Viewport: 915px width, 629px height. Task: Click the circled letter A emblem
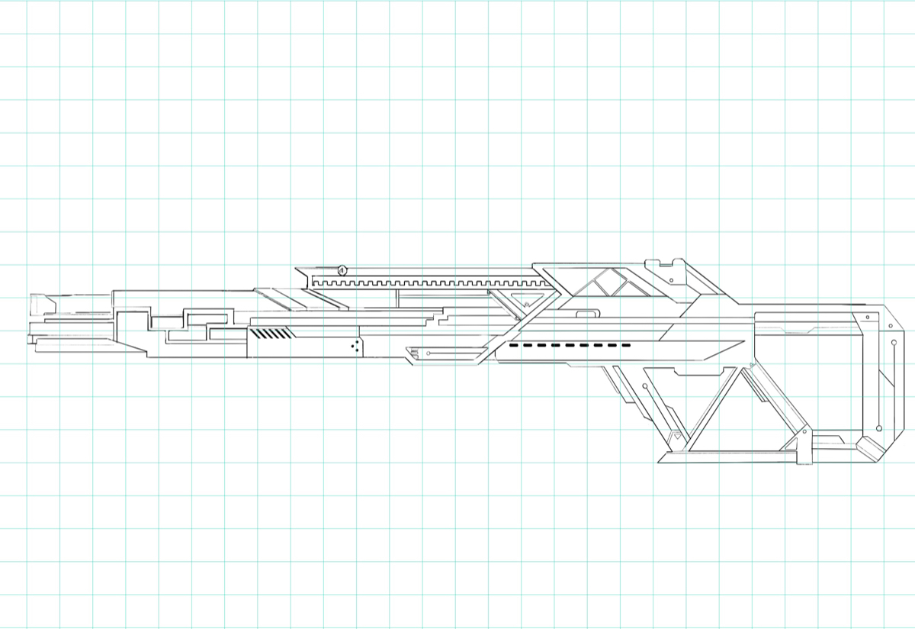(342, 270)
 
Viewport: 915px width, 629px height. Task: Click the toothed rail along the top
(427, 284)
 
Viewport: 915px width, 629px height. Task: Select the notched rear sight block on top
(665, 266)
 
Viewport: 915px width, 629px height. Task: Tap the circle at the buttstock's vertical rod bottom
(881, 429)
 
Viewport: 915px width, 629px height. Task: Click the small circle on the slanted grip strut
(647, 387)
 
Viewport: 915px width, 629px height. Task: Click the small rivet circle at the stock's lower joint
(807, 432)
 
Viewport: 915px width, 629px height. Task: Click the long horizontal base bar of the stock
(732, 458)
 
